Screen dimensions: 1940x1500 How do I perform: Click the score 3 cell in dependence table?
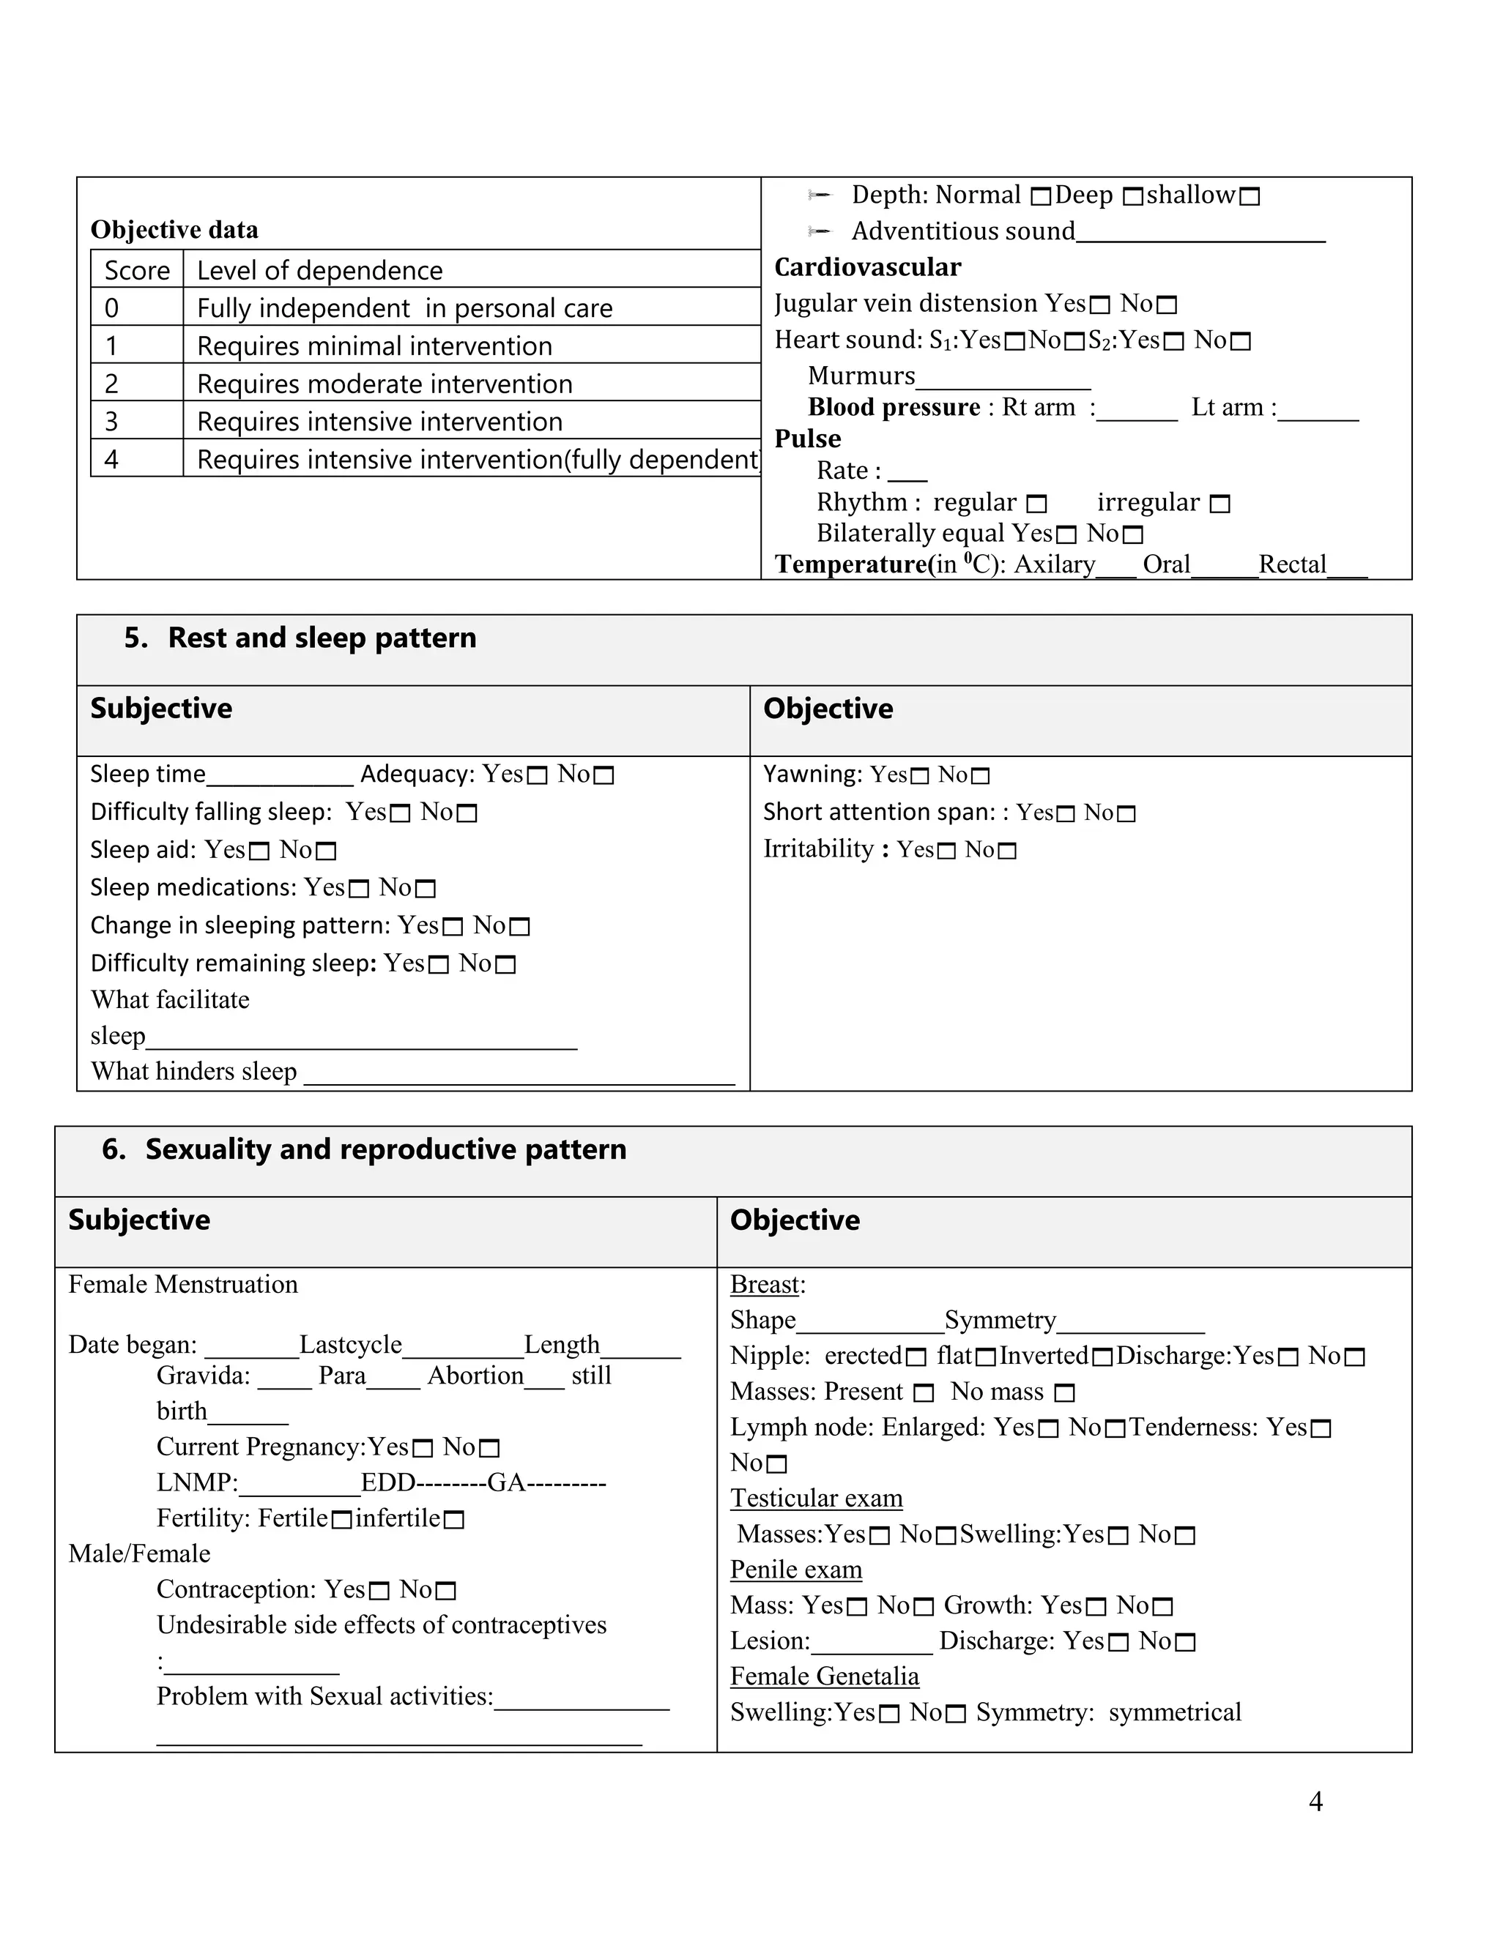(x=112, y=421)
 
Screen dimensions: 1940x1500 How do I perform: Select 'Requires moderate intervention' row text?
(x=384, y=384)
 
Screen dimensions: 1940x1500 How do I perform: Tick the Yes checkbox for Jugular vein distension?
(x=1100, y=305)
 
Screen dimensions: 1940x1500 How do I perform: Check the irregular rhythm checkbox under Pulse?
(x=1221, y=504)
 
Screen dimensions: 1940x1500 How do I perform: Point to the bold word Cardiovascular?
(x=867, y=267)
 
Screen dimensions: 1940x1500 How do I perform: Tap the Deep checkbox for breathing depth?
(x=1133, y=197)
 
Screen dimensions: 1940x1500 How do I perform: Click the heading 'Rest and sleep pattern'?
(x=322, y=638)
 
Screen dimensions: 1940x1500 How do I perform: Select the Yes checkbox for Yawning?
(x=921, y=776)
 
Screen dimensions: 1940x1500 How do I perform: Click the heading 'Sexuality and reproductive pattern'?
(x=386, y=1149)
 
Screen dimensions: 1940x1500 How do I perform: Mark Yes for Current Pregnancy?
(x=423, y=1450)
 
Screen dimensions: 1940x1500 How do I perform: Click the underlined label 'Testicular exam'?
(x=816, y=1499)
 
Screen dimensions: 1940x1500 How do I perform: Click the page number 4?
(x=1315, y=1802)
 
